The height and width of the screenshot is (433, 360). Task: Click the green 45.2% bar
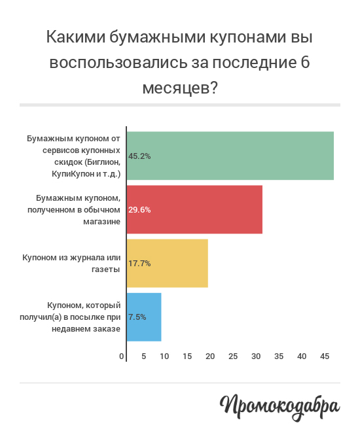(x=230, y=156)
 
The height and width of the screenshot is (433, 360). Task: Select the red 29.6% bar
(x=194, y=209)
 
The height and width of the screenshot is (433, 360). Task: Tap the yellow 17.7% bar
(x=168, y=263)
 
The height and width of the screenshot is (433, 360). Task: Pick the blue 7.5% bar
(x=144, y=317)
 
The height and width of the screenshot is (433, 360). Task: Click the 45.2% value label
(x=139, y=156)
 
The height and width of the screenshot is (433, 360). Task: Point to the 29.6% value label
(x=139, y=210)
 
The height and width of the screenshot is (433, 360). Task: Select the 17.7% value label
(x=139, y=264)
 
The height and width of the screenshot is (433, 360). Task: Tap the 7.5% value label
(x=137, y=317)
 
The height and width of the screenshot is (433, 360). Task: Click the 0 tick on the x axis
(x=122, y=356)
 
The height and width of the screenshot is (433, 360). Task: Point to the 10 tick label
(x=164, y=356)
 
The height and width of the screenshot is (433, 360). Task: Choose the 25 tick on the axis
(x=233, y=356)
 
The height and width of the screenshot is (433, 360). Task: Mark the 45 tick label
(x=325, y=356)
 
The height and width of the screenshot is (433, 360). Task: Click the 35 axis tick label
(x=279, y=356)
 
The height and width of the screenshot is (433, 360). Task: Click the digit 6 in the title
(x=304, y=62)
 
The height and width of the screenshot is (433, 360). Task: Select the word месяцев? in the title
(x=180, y=88)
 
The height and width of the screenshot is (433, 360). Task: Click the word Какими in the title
(x=76, y=37)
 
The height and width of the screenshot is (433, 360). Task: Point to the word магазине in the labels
(x=101, y=222)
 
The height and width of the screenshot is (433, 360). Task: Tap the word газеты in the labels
(x=106, y=269)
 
